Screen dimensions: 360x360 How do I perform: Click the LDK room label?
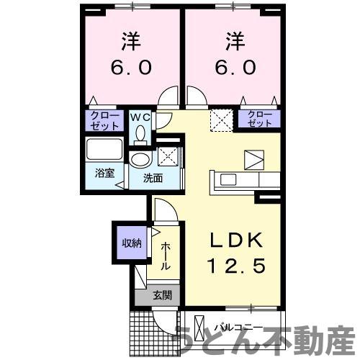(233, 240)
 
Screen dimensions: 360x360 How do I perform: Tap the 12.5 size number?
(233, 266)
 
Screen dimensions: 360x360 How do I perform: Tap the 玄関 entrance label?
(161, 294)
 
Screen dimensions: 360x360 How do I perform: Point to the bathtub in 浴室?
(105, 150)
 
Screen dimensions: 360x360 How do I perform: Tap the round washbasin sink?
(139, 160)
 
